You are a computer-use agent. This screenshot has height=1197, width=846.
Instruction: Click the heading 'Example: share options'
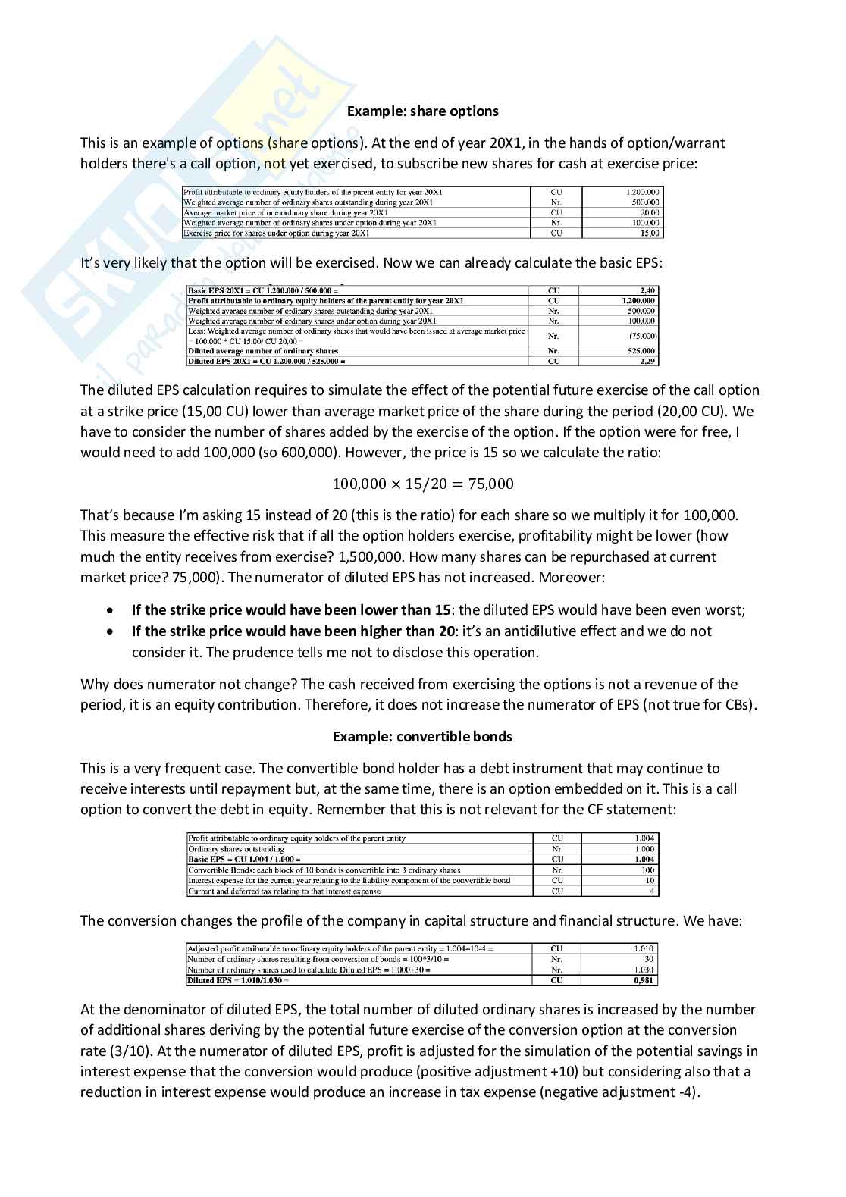(x=422, y=111)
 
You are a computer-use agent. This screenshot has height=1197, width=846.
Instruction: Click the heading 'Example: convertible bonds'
(x=422, y=737)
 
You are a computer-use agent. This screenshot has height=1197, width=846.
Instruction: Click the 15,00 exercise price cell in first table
(x=649, y=233)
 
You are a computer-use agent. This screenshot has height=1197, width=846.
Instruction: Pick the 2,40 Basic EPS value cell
(x=648, y=290)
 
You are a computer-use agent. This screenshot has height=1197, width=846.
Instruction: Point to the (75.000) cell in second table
(x=643, y=336)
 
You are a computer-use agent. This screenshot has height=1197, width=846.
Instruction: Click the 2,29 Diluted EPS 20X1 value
(x=648, y=362)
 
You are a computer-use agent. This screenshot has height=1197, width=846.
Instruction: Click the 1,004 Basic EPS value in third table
(x=644, y=860)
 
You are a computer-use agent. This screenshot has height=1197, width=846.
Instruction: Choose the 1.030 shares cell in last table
(x=644, y=970)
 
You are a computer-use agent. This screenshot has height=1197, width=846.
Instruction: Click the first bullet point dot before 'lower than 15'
(x=111, y=610)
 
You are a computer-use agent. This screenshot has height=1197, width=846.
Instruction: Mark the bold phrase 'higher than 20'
(x=412, y=631)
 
